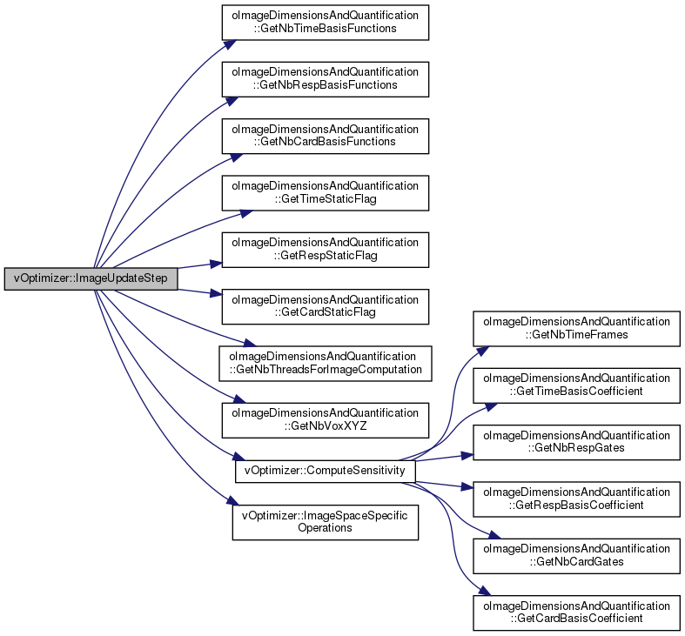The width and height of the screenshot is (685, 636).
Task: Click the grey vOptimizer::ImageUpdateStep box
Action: [x=91, y=278]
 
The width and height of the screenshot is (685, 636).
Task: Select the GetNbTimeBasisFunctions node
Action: [x=325, y=23]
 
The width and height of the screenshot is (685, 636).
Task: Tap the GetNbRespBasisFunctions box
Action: [x=325, y=79]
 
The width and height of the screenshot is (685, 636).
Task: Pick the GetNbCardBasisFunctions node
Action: [x=325, y=136]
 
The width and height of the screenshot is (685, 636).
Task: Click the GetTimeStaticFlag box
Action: [x=325, y=192]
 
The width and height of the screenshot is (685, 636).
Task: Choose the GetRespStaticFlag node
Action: [x=325, y=250]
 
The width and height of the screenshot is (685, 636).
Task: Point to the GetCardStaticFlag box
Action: [x=325, y=306]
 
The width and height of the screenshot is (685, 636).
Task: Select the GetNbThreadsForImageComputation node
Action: [x=325, y=363]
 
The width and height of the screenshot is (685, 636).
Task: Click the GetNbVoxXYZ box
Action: [x=325, y=419]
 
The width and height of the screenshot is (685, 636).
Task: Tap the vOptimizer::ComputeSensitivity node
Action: [x=325, y=471]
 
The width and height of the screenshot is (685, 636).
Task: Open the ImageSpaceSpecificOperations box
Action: [x=325, y=522]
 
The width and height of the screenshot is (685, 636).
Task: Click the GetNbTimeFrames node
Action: [x=576, y=329]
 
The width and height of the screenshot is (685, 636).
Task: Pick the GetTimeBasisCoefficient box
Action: [x=576, y=385]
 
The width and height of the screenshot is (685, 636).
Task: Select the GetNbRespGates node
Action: [x=576, y=442]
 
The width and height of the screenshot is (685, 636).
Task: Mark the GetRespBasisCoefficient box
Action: [x=576, y=499]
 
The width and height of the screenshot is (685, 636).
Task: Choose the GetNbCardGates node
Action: [x=576, y=556]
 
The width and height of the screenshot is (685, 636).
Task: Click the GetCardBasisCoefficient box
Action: [x=576, y=613]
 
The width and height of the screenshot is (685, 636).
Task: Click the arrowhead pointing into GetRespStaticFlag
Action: [x=216, y=264]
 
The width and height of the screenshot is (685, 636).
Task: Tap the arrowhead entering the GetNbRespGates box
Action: [x=467, y=456]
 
